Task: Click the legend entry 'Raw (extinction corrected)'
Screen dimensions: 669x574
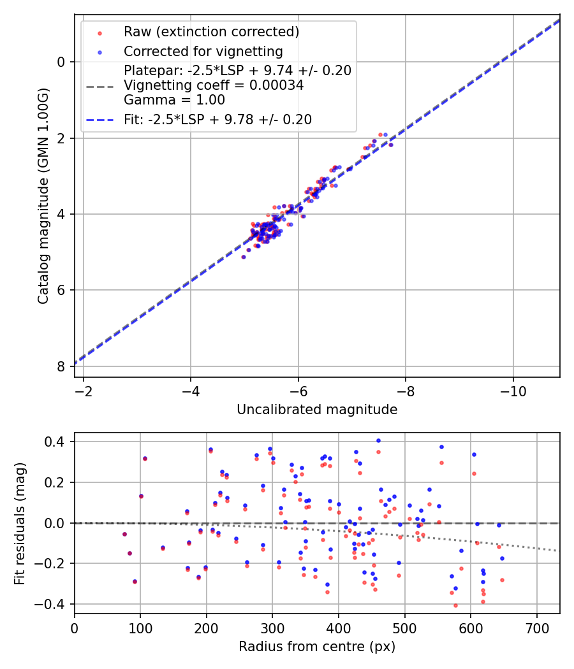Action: point(211,31)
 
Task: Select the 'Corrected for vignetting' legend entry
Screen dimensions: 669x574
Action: point(203,51)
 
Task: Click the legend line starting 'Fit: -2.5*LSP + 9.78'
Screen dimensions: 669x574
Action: point(217,119)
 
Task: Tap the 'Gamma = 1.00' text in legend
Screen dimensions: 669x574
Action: point(174,99)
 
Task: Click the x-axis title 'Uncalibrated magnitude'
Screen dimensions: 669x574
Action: point(317,410)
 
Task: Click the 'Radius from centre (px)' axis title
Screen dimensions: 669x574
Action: point(317,647)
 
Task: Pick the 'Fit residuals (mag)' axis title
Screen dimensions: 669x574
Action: point(19,522)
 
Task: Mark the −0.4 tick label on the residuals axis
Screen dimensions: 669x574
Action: point(51,604)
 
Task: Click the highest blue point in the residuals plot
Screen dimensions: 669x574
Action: point(378,440)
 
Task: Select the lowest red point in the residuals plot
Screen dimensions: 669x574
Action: point(455,605)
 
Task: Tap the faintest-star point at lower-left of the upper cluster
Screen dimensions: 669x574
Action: point(244,257)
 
